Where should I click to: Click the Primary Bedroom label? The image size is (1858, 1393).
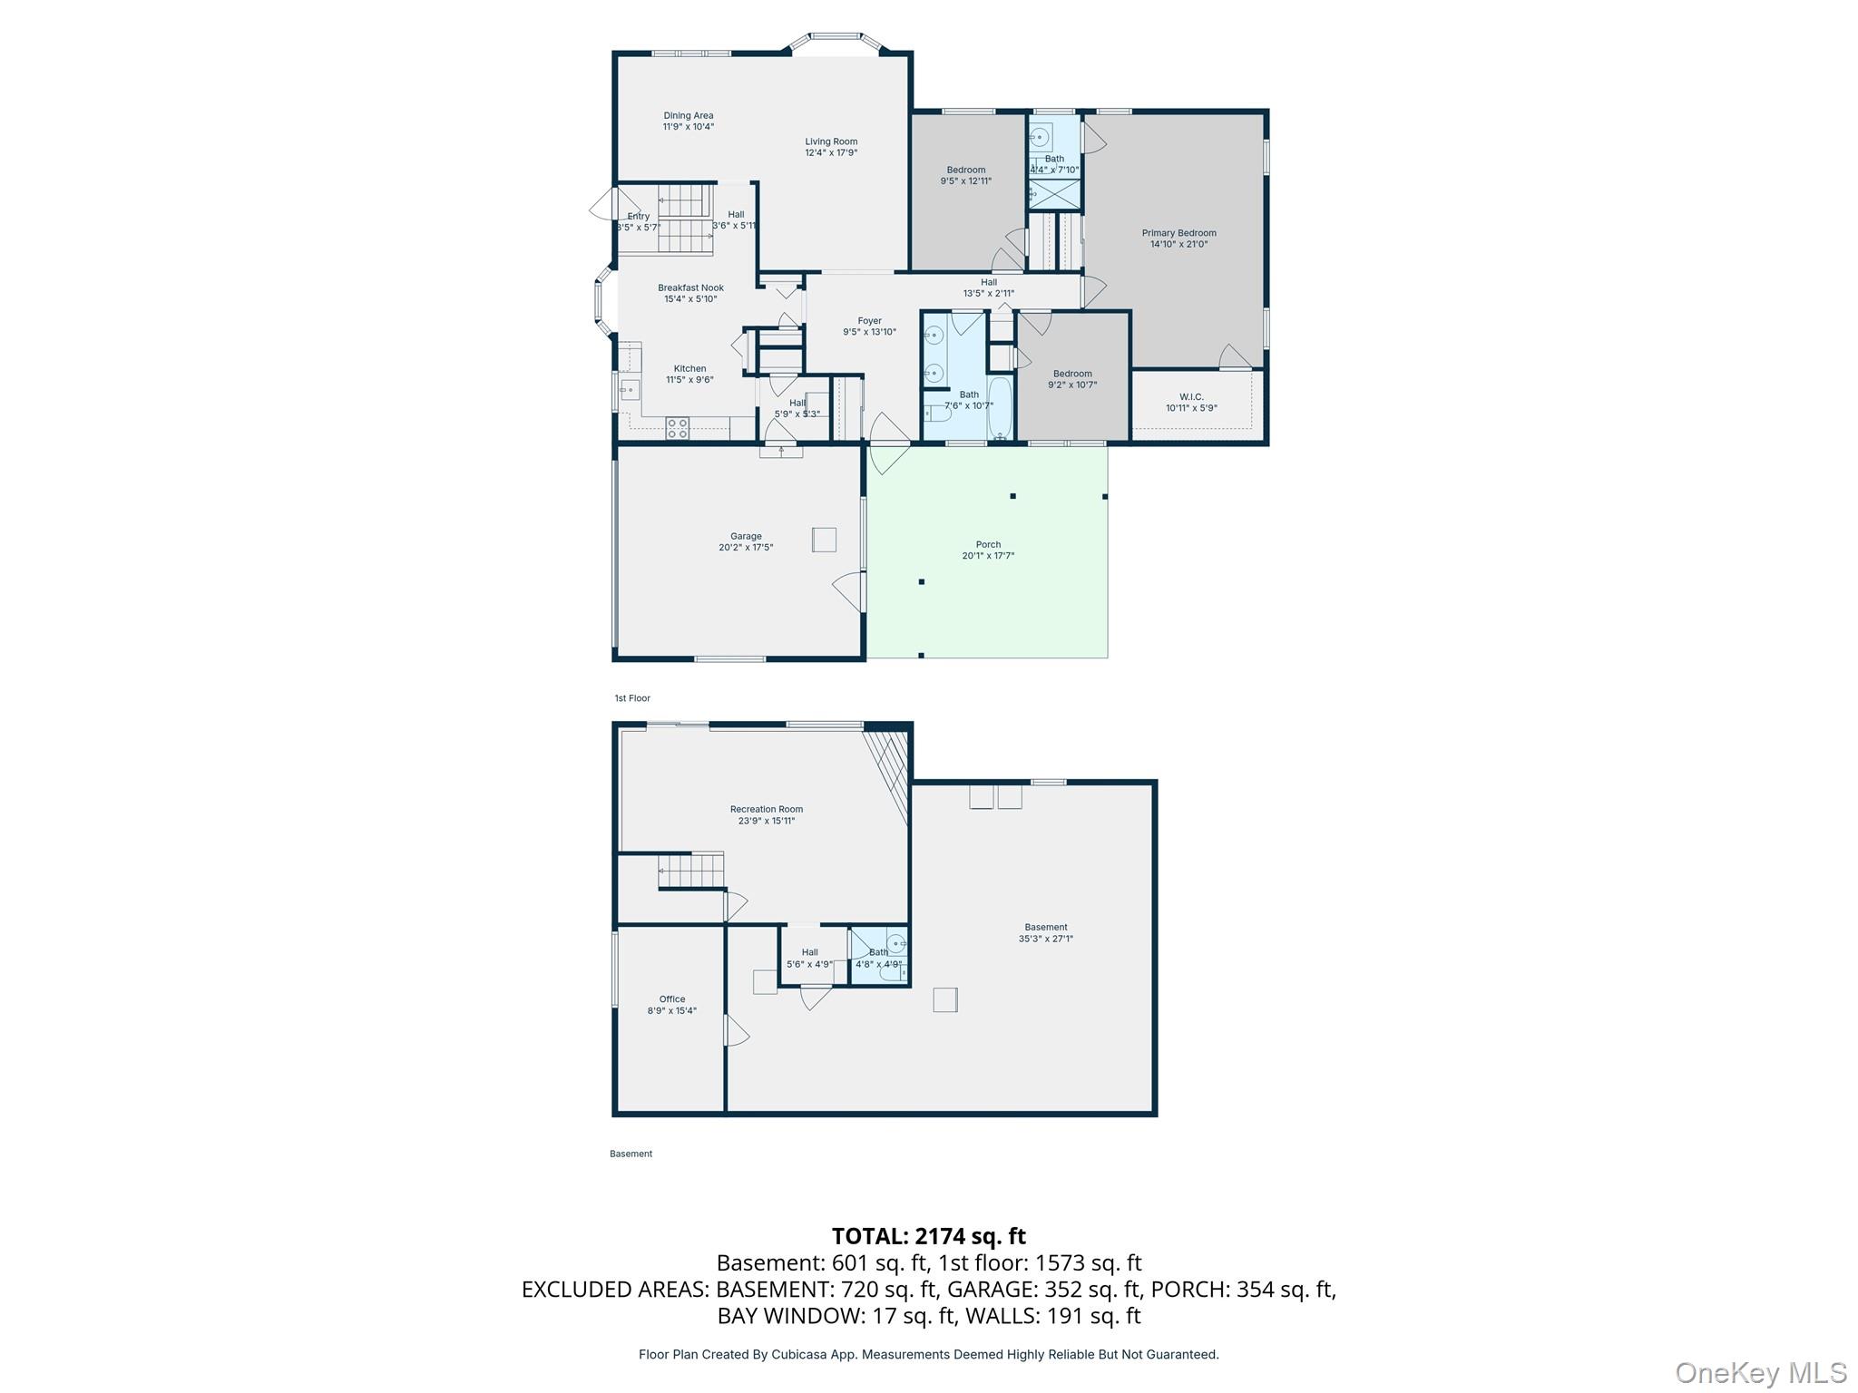click(1178, 233)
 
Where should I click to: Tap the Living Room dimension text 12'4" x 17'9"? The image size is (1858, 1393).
click(831, 153)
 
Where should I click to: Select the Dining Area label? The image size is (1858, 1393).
click(688, 115)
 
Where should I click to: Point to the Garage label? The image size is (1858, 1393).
click(746, 536)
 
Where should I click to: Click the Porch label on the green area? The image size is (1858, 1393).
click(988, 544)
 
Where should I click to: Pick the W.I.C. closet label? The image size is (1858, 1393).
click(1191, 396)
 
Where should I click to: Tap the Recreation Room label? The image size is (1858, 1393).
click(766, 809)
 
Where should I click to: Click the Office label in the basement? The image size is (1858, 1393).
click(671, 998)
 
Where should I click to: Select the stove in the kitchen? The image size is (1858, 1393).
click(677, 428)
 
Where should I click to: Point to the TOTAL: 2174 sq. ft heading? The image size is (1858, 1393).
click(928, 1236)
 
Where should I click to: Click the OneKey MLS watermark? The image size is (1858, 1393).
click(1760, 1372)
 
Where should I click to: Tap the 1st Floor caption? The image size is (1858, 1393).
click(632, 698)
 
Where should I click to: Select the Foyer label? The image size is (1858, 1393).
click(869, 320)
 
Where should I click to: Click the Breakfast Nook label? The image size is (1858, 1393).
click(690, 287)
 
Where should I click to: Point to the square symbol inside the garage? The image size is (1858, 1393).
click(824, 540)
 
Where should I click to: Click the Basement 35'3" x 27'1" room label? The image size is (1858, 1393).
click(1045, 927)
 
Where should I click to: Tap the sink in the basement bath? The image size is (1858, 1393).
click(895, 943)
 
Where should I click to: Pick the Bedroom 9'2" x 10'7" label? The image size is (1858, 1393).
click(1072, 374)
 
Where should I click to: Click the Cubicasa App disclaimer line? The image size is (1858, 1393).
click(928, 1354)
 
